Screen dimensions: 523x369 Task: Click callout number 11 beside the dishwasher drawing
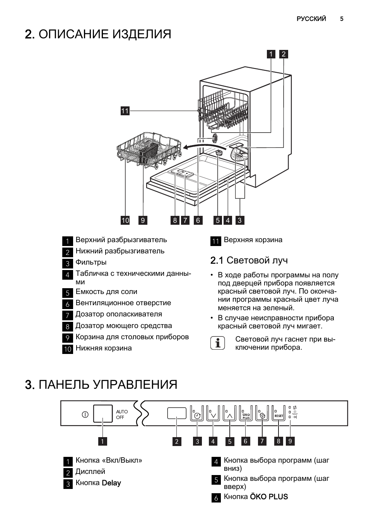(125, 111)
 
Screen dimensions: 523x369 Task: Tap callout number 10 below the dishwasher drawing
(125, 220)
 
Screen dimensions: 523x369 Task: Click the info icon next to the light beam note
(218, 343)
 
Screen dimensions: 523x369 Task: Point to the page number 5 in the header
(342, 19)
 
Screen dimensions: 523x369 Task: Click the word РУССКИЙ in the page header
(311, 19)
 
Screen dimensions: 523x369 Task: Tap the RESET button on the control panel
(278, 414)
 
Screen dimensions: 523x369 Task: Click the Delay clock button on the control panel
(197, 414)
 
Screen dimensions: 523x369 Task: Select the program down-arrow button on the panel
(213, 414)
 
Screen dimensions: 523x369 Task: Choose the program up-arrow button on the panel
(230, 414)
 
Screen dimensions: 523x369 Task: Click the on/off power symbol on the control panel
(85, 414)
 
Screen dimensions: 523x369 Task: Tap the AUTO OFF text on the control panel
(122, 414)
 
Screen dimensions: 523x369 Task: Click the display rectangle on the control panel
(177, 413)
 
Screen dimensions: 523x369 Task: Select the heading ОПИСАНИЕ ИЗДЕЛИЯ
(105, 34)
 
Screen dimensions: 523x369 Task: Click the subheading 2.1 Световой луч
(249, 260)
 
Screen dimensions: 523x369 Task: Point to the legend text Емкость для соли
(106, 292)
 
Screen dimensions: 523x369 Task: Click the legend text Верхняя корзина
(253, 240)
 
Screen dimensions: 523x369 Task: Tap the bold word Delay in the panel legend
(111, 483)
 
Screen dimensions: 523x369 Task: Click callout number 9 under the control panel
(290, 441)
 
